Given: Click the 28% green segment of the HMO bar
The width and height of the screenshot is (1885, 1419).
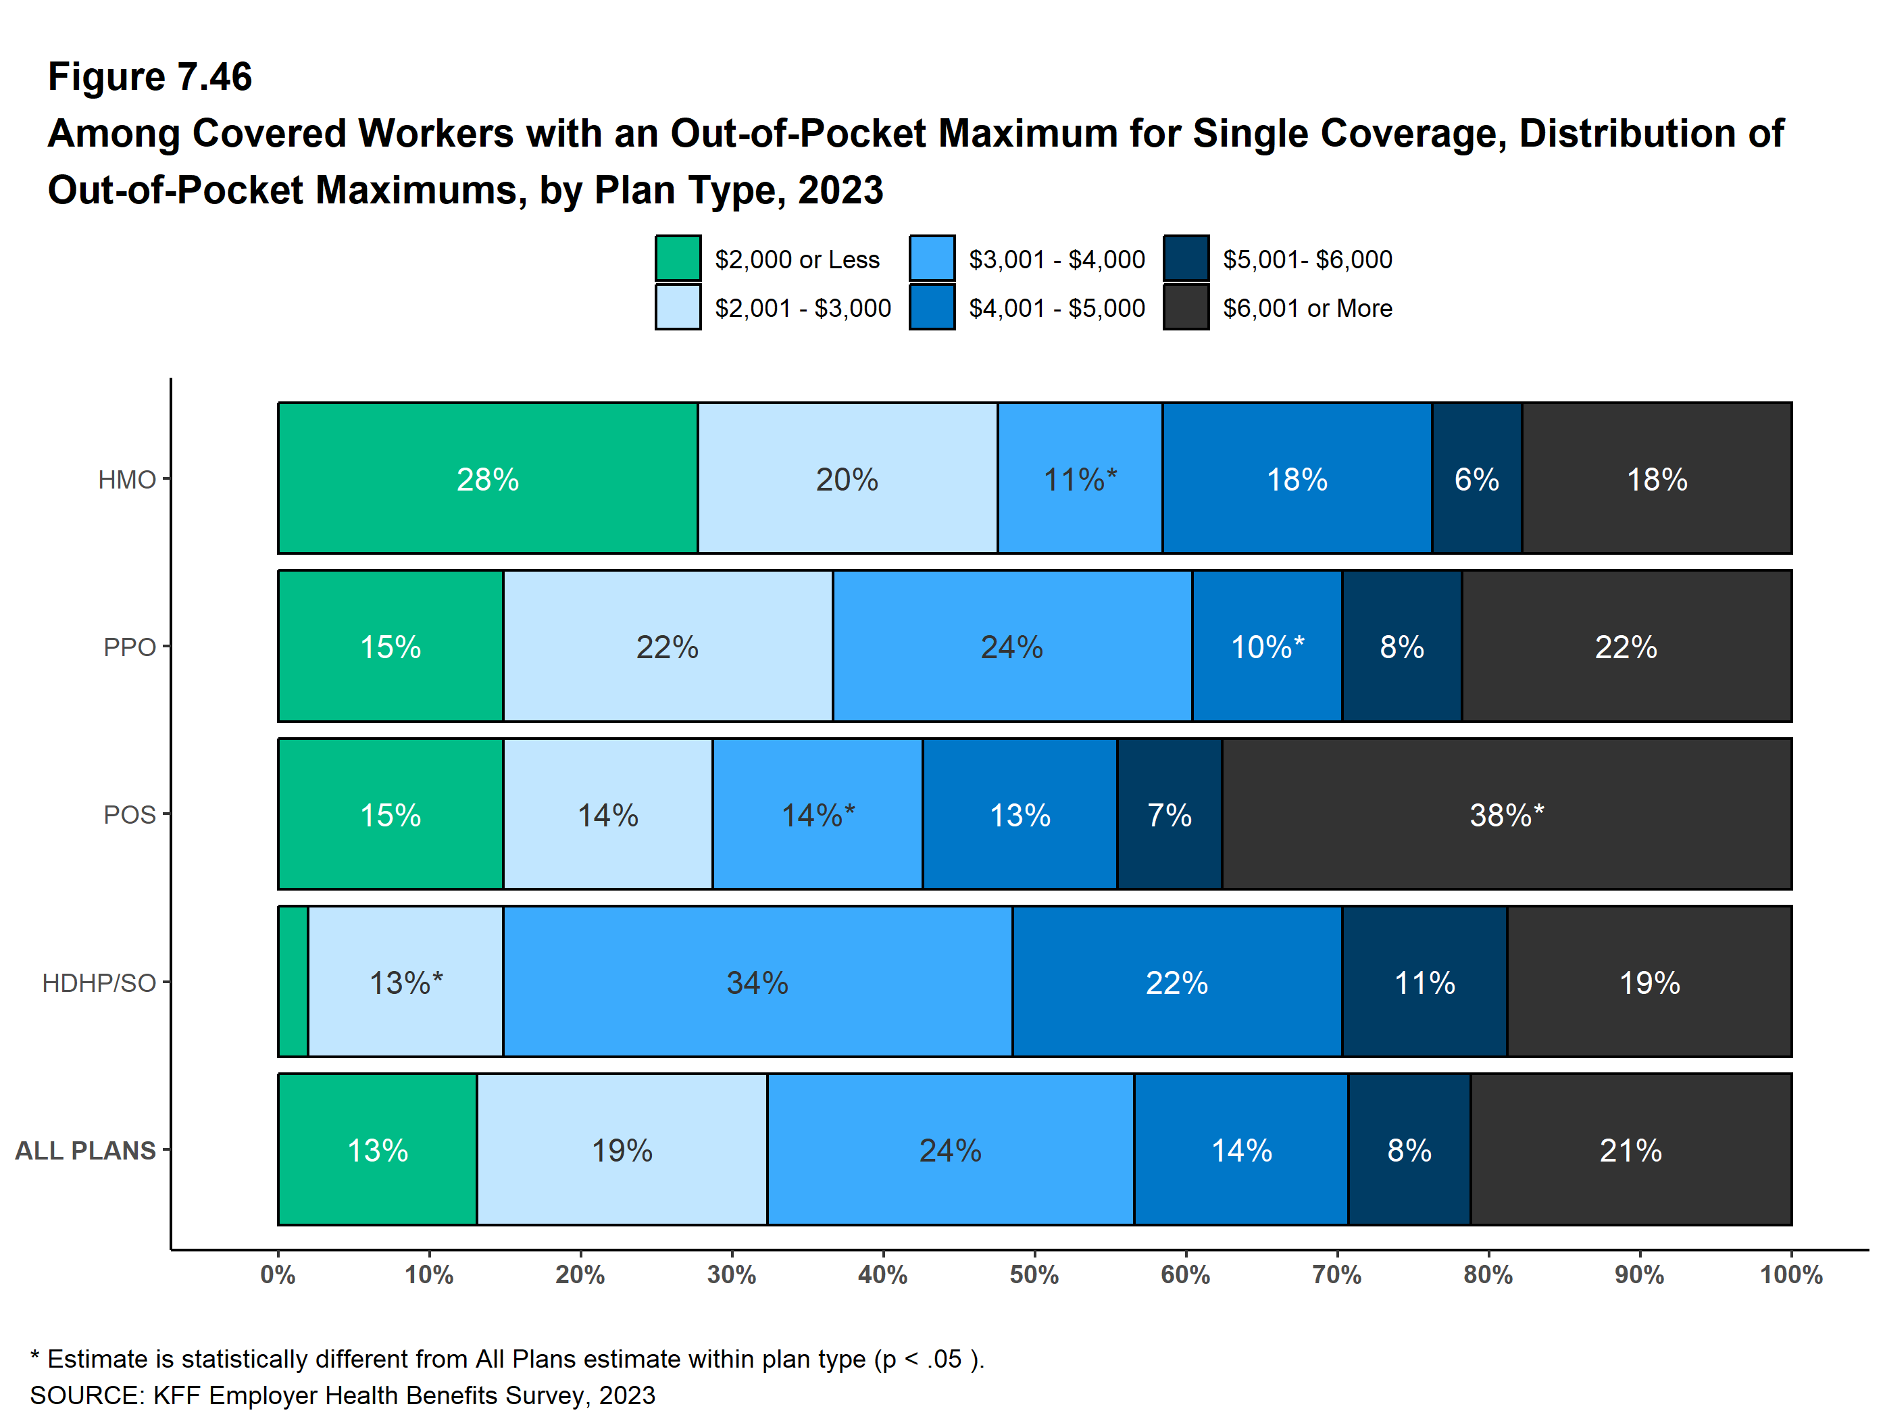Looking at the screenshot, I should pyautogui.click(x=487, y=479).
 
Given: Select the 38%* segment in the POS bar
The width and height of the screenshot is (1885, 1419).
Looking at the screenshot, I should pyautogui.click(x=1507, y=815).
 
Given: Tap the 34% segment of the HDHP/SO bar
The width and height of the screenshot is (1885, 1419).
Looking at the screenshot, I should pyautogui.click(x=757, y=982).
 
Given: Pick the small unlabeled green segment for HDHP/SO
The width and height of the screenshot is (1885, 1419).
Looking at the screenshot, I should pyautogui.click(x=293, y=982).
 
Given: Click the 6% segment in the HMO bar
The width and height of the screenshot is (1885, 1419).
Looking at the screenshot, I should pyautogui.click(x=1477, y=479).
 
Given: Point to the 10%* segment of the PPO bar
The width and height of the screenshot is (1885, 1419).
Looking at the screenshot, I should pyautogui.click(x=1267, y=647).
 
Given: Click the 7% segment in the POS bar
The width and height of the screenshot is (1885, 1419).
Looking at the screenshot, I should pyautogui.click(x=1170, y=815).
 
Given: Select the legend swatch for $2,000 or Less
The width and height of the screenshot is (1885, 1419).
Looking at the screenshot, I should pyautogui.click(x=678, y=258).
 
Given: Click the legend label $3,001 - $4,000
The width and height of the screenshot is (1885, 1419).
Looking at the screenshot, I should pyautogui.click(x=1057, y=259).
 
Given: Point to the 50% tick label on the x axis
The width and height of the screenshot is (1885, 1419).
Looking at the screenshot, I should pyautogui.click(x=1034, y=1275).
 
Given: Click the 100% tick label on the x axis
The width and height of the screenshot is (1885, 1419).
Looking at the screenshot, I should pyautogui.click(x=1791, y=1275).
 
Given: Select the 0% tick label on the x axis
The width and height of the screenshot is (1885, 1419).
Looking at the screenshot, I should pyautogui.click(x=278, y=1275).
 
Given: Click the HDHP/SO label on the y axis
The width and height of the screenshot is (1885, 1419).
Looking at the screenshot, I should pyautogui.click(x=99, y=982).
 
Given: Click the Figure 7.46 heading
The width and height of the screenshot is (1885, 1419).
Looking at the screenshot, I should pyautogui.click(x=150, y=77).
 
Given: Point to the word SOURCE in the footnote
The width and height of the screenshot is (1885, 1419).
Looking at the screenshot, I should pyautogui.click(x=86, y=1395).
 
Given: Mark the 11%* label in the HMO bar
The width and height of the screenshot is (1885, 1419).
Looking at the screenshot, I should pyautogui.click(x=1080, y=479).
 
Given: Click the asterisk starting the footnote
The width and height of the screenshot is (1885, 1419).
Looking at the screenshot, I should pyautogui.click(x=35, y=1357).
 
